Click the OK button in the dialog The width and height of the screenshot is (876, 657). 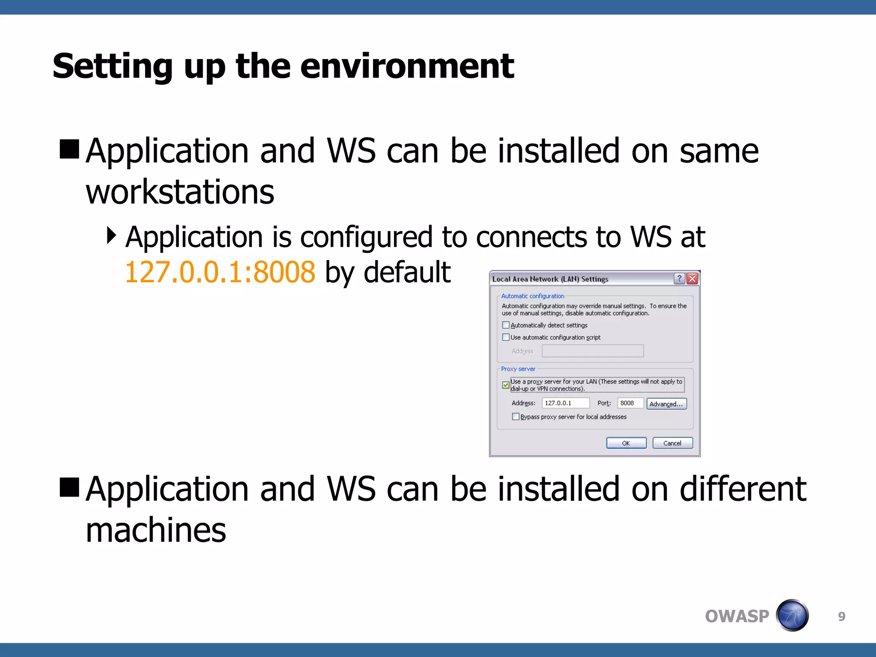(626, 443)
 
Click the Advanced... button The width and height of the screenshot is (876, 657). (666, 404)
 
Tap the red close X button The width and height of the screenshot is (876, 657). (692, 279)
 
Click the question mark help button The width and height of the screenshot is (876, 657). (679, 279)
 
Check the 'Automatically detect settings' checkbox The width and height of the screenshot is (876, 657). (506, 325)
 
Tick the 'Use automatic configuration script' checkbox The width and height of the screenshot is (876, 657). (506, 337)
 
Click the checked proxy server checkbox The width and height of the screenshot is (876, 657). (506, 385)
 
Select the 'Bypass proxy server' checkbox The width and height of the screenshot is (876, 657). (516, 417)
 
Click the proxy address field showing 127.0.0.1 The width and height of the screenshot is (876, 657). (565, 403)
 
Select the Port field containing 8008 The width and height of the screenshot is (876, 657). (630, 403)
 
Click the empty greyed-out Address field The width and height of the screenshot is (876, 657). (592, 351)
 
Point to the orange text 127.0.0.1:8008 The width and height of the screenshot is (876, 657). (220, 272)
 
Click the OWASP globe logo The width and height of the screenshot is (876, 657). (792, 616)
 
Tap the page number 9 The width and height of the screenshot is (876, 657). (841, 616)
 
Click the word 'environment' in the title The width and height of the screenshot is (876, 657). (407, 66)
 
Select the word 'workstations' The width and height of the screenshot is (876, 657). (180, 192)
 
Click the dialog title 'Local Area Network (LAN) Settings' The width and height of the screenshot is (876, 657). (550, 279)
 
